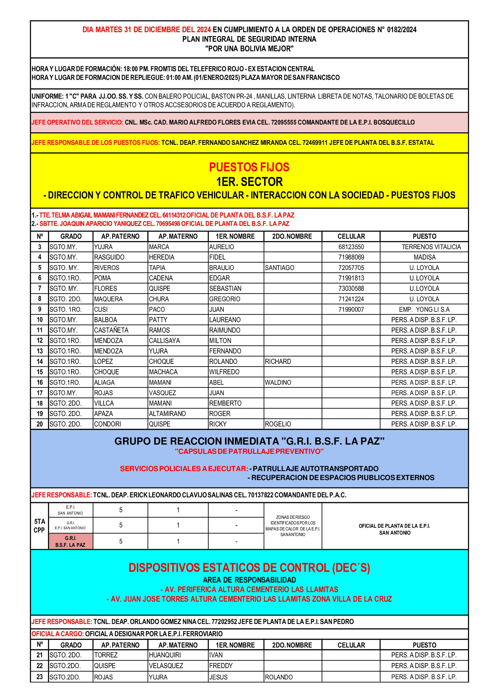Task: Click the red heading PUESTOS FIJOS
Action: tap(249, 167)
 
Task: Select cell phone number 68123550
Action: tap(351, 247)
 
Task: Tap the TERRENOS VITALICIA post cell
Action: tap(431, 247)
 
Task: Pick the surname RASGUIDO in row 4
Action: tap(109, 257)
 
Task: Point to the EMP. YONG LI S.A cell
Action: tap(424, 309)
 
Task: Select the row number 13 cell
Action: tap(39, 351)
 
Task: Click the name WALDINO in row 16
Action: tap(278, 382)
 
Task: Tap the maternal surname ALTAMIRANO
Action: tap(167, 414)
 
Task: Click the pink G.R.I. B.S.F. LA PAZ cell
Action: tap(70, 541)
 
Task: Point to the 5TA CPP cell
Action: tap(39, 526)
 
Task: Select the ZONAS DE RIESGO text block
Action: tap(293, 526)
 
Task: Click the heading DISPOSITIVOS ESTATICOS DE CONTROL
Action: tap(249, 567)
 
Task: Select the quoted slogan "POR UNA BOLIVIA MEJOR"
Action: tap(249, 49)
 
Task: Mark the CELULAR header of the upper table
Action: tap(351, 236)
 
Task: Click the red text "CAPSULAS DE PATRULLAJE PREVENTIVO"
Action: tap(249, 451)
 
